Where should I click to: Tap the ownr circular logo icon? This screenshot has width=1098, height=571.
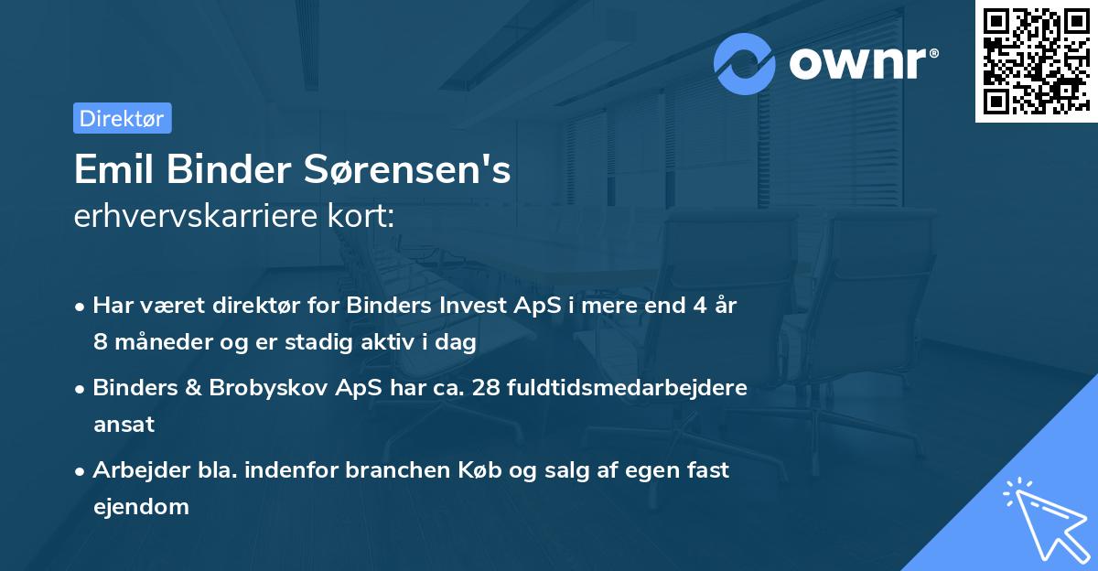pos(745,63)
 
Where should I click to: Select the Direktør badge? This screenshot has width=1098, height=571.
pos(122,118)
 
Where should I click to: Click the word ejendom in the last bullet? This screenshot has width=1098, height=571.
pos(141,506)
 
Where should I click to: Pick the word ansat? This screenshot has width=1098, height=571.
pos(124,424)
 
